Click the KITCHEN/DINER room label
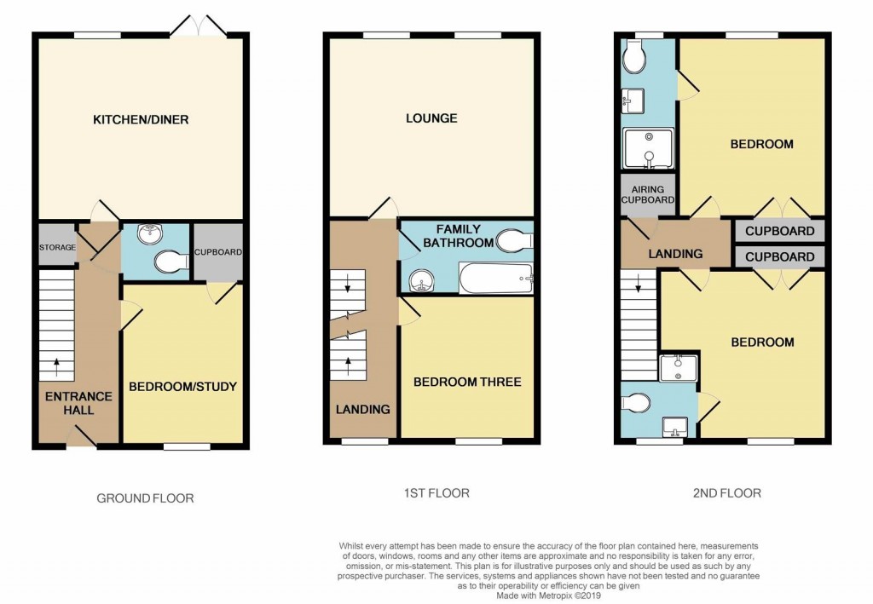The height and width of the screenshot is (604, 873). tap(141, 119)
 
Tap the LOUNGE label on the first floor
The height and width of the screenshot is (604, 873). tap(431, 118)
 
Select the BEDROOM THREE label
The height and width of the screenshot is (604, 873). tap(467, 382)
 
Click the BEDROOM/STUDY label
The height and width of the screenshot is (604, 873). tap(182, 387)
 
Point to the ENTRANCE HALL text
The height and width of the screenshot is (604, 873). tap(78, 403)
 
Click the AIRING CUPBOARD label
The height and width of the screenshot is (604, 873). tap(648, 194)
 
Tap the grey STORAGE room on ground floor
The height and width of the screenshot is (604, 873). tap(56, 248)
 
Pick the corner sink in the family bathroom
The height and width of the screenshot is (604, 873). tap(419, 280)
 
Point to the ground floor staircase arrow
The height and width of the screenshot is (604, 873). tap(57, 366)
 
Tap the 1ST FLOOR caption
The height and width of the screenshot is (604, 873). tap(436, 492)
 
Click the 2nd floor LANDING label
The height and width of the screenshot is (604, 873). tap(674, 254)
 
